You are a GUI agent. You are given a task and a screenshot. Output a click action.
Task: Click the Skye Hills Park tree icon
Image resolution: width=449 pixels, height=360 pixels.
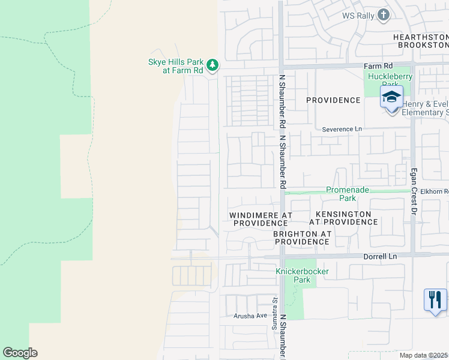point(211,65)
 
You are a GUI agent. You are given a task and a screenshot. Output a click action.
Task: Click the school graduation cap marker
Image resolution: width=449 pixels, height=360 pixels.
point(391,97)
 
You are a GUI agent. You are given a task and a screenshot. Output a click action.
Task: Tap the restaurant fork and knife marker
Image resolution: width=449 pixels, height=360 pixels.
point(435,299)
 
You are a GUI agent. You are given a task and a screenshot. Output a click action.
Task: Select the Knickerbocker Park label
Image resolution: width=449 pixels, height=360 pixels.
point(301,275)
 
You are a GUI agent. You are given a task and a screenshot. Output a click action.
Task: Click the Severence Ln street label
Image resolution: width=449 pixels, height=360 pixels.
point(342,129)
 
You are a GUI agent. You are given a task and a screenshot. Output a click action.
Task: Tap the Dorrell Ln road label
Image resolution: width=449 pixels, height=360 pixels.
point(381,256)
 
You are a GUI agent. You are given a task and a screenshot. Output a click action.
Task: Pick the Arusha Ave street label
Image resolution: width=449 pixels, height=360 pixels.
point(250,316)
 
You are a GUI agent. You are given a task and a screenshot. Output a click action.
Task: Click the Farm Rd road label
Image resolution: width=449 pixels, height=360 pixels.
point(378,65)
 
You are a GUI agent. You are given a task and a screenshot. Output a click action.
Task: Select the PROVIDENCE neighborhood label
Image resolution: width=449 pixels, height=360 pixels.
point(333,100)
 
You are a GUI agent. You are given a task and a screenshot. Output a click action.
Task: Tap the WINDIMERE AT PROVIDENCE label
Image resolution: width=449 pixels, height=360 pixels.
point(261,218)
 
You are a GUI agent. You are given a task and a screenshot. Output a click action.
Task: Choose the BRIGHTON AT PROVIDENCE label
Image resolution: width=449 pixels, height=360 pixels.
point(301,238)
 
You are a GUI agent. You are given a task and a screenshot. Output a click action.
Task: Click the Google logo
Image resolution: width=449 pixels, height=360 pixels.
point(20,353)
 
